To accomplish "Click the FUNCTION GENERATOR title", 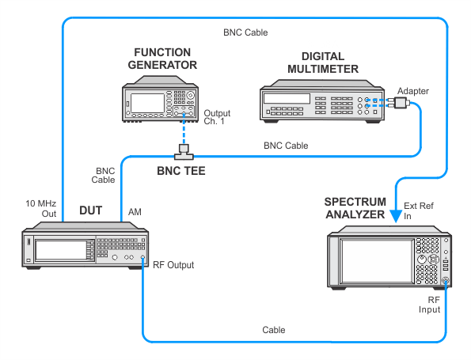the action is (162, 59).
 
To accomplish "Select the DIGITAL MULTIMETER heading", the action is (323, 63).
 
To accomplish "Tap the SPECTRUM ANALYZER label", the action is (355, 208).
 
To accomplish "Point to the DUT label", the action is (91, 210).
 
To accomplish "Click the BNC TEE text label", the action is (181, 171).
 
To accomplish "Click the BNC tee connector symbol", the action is (184, 152).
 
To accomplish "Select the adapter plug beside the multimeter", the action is (399, 102).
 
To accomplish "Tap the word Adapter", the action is (413, 91).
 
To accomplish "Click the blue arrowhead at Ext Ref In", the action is (396, 216).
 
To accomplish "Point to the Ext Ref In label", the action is (419, 210).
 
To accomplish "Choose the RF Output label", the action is (173, 265).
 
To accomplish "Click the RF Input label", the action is (430, 305).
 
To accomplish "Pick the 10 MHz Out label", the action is (41, 208).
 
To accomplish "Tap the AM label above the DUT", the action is (135, 212).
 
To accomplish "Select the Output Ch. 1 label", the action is (217, 117).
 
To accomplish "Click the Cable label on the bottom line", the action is (274, 330).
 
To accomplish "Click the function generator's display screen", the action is (147, 103).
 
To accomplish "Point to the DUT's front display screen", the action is (61, 250).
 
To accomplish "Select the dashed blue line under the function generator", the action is (184, 129).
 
